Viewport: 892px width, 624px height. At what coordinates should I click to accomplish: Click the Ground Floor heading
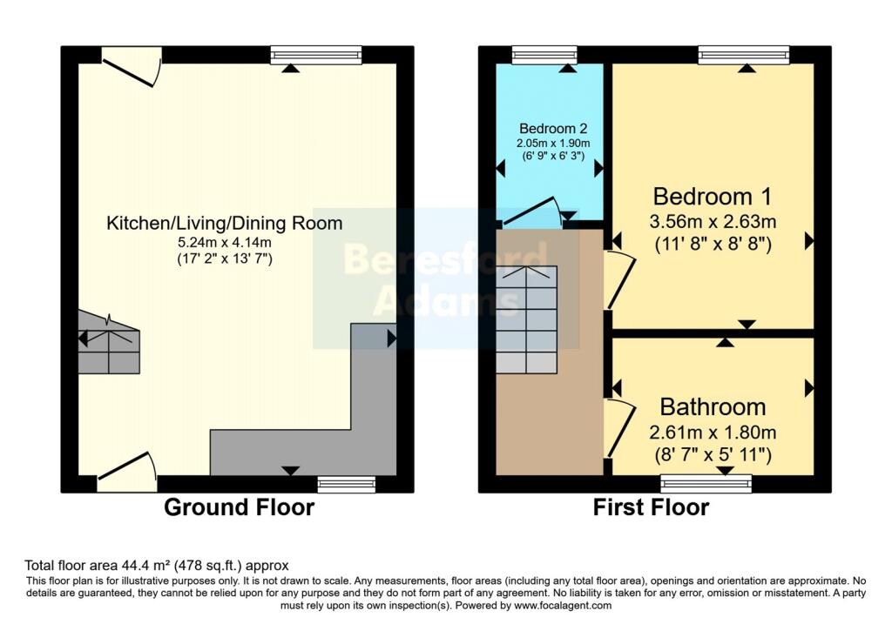point(239,507)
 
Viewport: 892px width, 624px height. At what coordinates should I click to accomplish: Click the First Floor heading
point(651,507)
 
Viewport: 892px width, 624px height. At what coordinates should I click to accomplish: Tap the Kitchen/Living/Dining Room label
point(224,223)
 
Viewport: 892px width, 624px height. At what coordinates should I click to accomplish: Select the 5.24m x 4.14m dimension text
point(224,242)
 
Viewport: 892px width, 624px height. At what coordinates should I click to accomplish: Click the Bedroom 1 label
point(713,195)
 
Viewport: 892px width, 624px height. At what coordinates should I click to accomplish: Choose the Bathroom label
point(713,406)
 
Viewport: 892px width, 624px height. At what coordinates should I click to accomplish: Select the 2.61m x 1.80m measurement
point(713,432)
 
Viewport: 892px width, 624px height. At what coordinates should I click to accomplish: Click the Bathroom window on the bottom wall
point(706,484)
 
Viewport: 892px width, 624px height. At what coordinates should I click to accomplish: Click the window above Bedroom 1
point(744,55)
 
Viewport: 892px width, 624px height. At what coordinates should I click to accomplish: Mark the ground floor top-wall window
point(315,55)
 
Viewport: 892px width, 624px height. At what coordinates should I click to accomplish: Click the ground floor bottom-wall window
point(346,484)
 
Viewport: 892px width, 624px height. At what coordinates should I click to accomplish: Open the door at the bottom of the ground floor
point(127,470)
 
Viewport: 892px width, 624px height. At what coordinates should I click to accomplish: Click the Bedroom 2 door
point(531,214)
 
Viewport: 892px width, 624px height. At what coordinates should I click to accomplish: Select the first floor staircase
point(526,319)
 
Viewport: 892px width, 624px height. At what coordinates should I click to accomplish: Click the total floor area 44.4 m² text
point(156,565)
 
